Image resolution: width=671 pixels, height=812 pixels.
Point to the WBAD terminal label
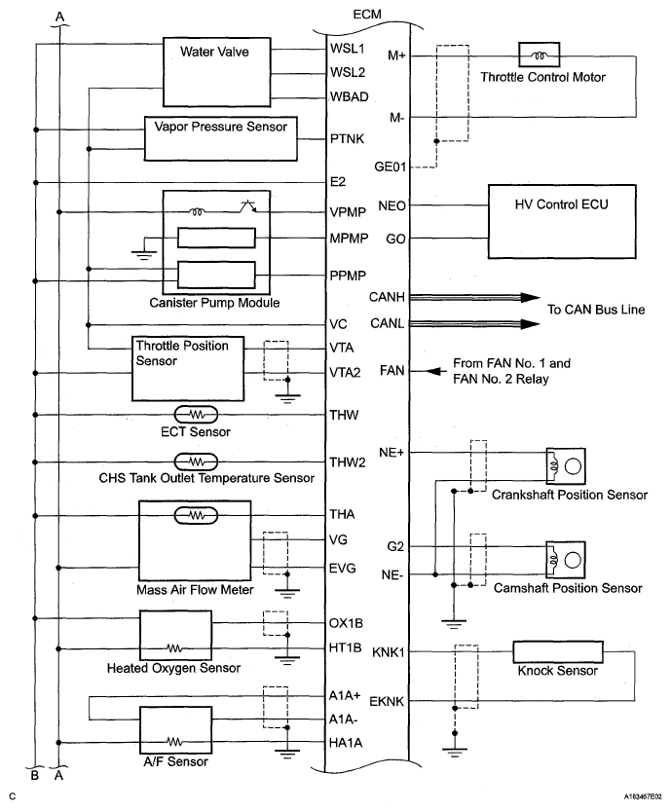pos(348,96)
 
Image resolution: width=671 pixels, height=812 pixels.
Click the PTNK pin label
pos(348,139)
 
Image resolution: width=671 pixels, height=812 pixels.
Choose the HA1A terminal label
pos(348,743)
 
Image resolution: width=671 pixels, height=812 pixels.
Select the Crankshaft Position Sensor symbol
pos(565,465)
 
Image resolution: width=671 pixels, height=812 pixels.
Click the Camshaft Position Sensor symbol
pos(565,558)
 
